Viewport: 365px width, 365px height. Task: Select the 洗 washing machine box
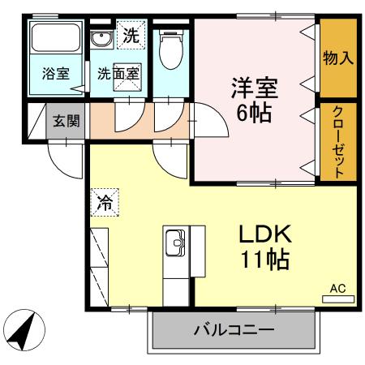[x=130, y=35]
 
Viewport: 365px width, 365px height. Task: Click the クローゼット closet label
[x=337, y=143]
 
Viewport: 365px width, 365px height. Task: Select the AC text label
[x=337, y=288]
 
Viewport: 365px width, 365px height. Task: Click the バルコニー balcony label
[x=234, y=331]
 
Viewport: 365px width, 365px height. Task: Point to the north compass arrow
[x=22, y=331]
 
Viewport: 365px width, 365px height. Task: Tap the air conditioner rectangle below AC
[x=337, y=299]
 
